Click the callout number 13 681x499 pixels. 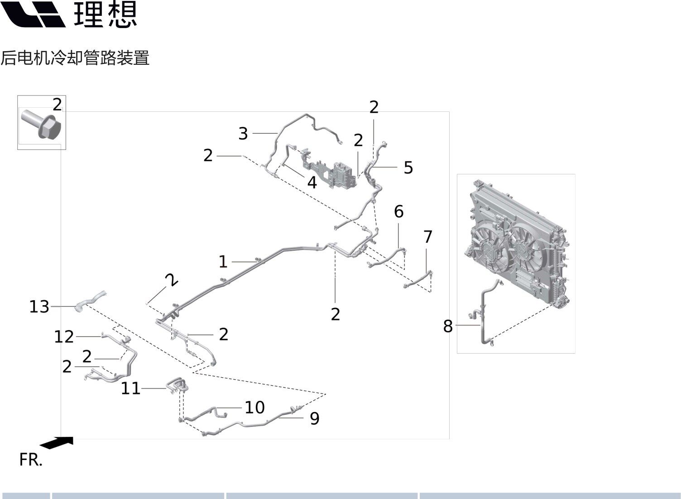(x=39, y=307)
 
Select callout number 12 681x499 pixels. (x=64, y=336)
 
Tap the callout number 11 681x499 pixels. (x=130, y=389)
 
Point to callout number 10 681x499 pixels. (x=254, y=408)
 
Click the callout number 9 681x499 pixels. (x=314, y=418)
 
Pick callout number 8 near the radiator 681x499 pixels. (x=448, y=326)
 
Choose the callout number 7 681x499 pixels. (x=428, y=236)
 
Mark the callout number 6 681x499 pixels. (x=398, y=211)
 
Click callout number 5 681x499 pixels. (x=408, y=168)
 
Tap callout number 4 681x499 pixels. (x=312, y=182)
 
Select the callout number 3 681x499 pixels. (x=243, y=134)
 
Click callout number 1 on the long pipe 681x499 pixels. (x=222, y=262)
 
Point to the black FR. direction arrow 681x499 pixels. (x=57, y=442)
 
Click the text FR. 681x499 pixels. (x=30, y=460)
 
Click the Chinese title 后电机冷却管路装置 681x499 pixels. (x=75, y=58)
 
